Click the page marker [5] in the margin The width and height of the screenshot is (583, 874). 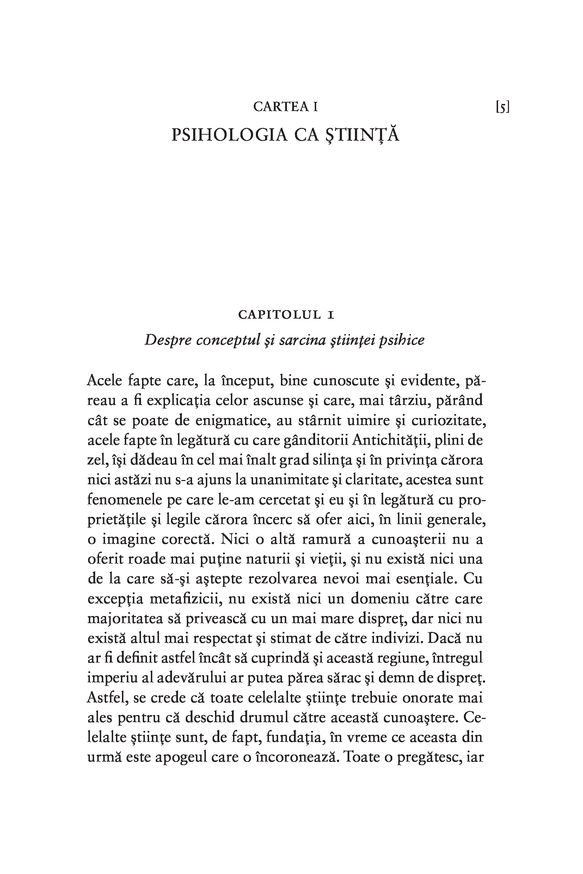pos(502,108)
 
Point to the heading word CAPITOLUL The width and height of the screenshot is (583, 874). pos(279,315)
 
